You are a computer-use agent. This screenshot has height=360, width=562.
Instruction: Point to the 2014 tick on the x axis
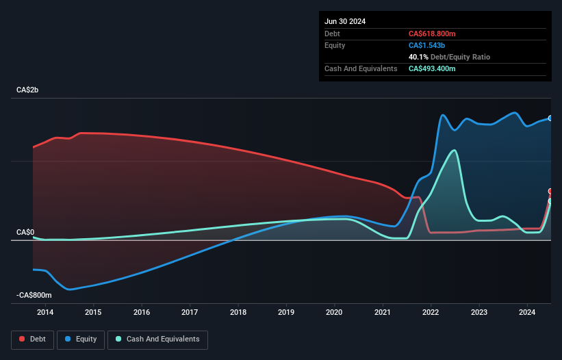45,313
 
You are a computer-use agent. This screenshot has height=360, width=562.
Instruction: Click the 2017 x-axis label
190,313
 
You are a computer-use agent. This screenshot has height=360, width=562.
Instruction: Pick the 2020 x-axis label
334,313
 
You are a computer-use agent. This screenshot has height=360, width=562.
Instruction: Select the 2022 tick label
431,313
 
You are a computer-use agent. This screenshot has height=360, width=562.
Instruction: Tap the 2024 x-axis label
527,313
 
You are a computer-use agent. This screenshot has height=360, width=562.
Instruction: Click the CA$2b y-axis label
28,90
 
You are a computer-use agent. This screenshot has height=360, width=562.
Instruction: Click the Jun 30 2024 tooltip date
345,21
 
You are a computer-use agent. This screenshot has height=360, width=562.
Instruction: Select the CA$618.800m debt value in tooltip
432,34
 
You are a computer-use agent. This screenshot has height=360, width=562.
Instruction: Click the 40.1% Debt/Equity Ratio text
449,57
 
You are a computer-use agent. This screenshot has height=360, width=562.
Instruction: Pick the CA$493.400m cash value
432,68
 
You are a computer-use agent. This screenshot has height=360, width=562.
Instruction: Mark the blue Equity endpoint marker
550,118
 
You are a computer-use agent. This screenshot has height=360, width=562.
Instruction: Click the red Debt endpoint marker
550,192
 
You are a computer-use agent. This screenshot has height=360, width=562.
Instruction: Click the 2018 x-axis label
238,313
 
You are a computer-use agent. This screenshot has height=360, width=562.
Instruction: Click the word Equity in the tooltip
335,45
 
